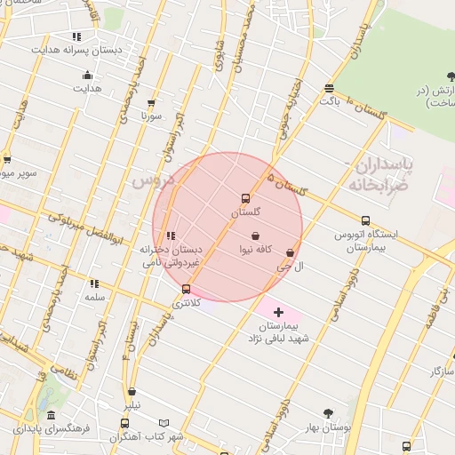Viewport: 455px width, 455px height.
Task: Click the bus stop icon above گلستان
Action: (x=245, y=198)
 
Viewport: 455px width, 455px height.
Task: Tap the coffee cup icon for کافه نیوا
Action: (x=256, y=236)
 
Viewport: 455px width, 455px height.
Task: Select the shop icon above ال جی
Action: (x=290, y=252)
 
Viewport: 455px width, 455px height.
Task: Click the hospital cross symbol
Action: (x=279, y=312)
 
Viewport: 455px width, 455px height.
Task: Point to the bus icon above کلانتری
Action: (x=186, y=289)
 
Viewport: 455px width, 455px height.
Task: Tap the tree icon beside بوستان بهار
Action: (x=328, y=413)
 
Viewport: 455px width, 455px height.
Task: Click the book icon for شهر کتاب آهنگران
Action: (x=164, y=423)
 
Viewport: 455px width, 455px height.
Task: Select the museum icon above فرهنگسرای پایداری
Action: (x=52, y=415)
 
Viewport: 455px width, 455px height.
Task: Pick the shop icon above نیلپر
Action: (x=132, y=391)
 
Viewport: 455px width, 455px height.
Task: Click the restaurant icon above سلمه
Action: (x=94, y=283)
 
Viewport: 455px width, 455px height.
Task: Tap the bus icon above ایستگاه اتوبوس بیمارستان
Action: (x=365, y=220)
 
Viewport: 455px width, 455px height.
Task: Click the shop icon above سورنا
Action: (x=151, y=103)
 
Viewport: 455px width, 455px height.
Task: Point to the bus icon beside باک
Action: (x=330, y=88)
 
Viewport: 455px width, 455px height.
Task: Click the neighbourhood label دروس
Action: (x=150, y=180)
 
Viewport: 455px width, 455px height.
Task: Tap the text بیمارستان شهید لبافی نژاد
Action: (x=278, y=332)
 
